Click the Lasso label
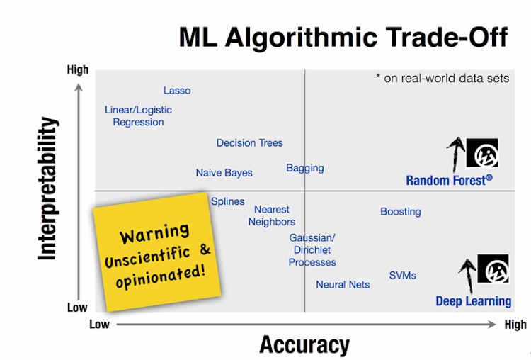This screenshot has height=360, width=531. coord(177,91)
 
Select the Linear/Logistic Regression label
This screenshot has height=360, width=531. coord(138,116)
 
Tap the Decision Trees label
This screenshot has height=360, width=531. coord(249,143)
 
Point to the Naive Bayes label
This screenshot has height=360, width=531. coord(224,173)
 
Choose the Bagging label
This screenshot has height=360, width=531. coord(305,168)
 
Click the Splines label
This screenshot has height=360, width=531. coord(228,201)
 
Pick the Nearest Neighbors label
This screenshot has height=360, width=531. coord(272,215)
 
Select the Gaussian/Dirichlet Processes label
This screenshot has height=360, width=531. coord(312,250)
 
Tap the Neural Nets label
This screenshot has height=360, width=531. coord(343,285)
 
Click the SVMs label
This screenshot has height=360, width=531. coord(403,276)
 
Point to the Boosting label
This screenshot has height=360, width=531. coord(401,212)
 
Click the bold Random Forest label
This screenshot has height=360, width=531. coord(449,181)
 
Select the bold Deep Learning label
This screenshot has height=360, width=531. coord(473,301)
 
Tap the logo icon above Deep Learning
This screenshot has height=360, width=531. coord(493,270)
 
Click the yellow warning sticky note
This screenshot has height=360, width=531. coord(157,251)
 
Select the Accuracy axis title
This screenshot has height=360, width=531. coord(304,345)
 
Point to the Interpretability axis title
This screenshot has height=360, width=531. coord(48,189)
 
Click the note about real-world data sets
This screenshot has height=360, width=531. coord(442,79)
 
